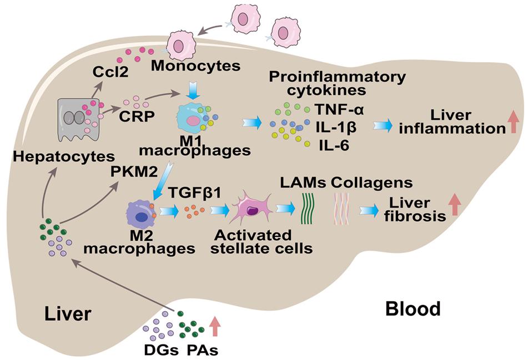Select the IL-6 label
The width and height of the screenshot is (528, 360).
[x=334, y=145]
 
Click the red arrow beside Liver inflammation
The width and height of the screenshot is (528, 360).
[x=514, y=123]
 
